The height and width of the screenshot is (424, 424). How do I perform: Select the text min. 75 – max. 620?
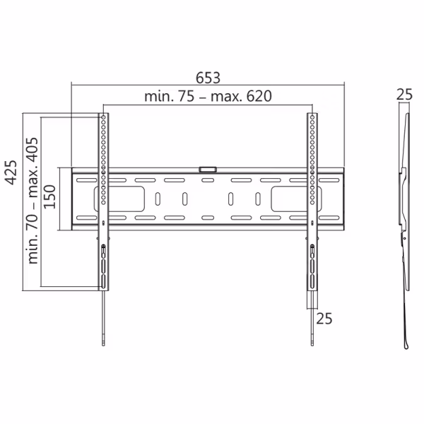(x=208, y=97)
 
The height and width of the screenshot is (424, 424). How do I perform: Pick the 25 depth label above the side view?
(x=404, y=94)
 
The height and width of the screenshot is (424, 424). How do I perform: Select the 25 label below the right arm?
(x=324, y=319)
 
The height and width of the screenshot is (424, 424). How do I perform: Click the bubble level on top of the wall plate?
(x=208, y=169)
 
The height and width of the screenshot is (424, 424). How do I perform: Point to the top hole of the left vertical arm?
(x=103, y=117)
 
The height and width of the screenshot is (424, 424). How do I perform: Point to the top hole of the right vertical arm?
(x=312, y=117)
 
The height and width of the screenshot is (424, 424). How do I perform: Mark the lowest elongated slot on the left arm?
(x=104, y=281)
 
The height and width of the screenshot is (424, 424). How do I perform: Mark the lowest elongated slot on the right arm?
(x=312, y=281)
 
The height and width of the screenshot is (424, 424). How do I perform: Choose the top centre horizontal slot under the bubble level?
(x=208, y=180)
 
